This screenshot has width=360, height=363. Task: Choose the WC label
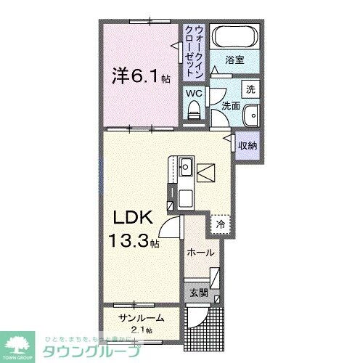[193, 93]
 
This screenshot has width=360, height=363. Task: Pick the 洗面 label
[231, 106]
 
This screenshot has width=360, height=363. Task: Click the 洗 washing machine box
[250, 90]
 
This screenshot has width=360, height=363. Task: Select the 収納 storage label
[247, 146]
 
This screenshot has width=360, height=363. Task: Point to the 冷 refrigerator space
[219, 224]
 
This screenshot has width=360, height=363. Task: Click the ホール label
[200, 252]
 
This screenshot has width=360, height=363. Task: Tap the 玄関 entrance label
[199, 293]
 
